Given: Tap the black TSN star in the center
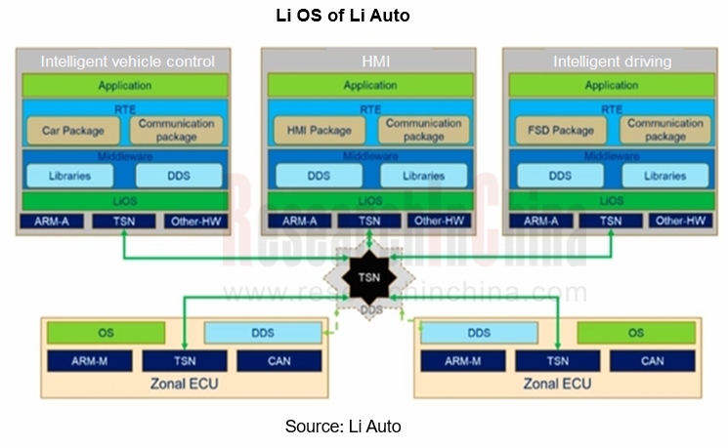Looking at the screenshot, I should tap(368, 277).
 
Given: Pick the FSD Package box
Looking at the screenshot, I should tap(561, 130).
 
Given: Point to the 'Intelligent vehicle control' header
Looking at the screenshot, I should tap(127, 61).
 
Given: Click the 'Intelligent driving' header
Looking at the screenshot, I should tap(613, 61).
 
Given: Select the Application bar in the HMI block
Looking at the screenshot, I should tap(369, 86).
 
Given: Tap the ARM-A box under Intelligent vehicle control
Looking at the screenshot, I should tap(53, 221).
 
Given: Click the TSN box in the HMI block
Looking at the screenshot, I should tap(369, 221).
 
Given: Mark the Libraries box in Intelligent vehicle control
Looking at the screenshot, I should tap(68, 176).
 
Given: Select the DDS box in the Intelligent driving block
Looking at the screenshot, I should tap(560, 176).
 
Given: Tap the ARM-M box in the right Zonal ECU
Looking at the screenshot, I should tap(461, 361).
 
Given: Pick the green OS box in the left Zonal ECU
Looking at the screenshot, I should tap(106, 333).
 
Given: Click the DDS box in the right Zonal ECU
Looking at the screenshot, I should tap(479, 333).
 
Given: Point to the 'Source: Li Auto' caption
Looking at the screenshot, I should tap(343, 427).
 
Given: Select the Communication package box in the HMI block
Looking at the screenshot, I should tap(423, 130).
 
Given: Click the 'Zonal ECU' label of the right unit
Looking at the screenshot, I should tap(557, 384).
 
